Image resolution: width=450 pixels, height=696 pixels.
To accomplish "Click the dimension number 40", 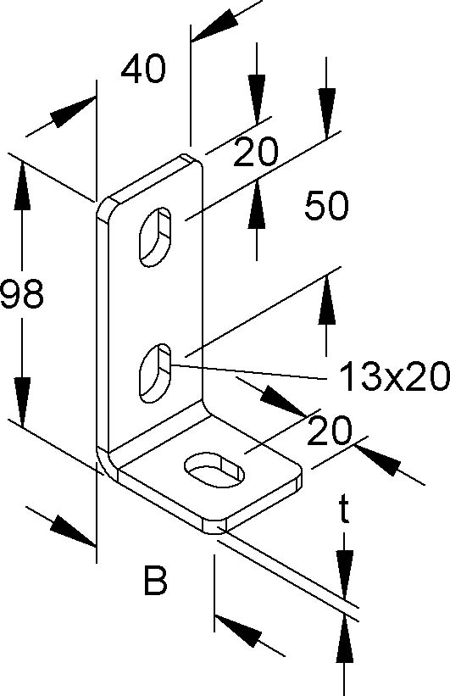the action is (x=143, y=70).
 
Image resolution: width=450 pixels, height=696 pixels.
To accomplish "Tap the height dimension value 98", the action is (x=21, y=293).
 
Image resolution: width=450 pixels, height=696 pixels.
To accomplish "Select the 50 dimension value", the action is (x=326, y=205).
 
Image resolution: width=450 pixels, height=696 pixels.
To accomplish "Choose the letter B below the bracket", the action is (x=155, y=580).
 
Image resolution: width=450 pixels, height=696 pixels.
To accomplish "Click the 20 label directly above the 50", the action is (x=256, y=152).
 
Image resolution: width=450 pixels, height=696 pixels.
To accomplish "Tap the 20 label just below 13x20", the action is (x=329, y=431).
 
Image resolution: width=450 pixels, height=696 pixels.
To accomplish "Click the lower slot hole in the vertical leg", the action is (x=156, y=373).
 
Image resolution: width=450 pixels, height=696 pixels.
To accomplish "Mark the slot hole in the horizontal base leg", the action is (x=214, y=470).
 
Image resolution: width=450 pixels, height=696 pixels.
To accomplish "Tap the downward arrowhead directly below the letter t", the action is (x=345, y=572).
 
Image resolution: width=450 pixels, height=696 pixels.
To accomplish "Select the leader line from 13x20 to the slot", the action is (x=249, y=371).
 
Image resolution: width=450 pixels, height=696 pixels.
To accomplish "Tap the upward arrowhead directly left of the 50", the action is (x=257, y=205).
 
